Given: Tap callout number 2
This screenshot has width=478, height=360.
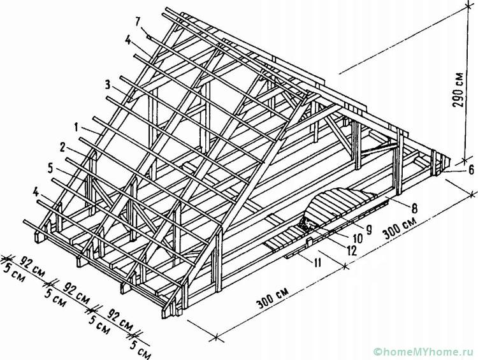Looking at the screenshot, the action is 63,148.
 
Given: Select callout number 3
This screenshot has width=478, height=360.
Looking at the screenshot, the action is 108,85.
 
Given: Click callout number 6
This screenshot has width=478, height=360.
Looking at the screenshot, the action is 471,169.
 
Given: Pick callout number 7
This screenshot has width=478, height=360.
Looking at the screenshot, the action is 138,22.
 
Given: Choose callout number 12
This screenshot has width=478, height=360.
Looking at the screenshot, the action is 352,250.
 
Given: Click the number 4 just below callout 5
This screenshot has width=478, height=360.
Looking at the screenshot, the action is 36,192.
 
